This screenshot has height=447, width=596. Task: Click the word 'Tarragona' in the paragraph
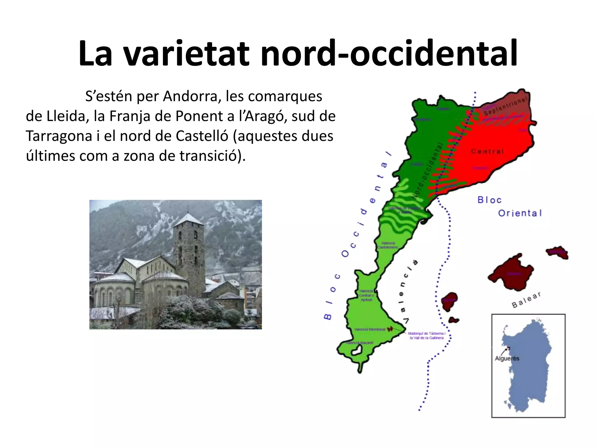point(59,136)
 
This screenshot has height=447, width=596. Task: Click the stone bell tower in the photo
point(189,250)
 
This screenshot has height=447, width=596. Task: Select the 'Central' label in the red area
point(487,151)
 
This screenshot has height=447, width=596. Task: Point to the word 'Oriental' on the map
point(520,213)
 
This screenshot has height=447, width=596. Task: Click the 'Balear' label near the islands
point(526,300)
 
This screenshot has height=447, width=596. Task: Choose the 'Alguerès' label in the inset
point(507,359)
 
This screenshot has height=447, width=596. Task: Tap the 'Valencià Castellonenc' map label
point(388,245)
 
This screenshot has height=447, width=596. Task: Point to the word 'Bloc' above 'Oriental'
point(489,200)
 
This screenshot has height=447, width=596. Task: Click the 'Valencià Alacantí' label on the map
point(360,343)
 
